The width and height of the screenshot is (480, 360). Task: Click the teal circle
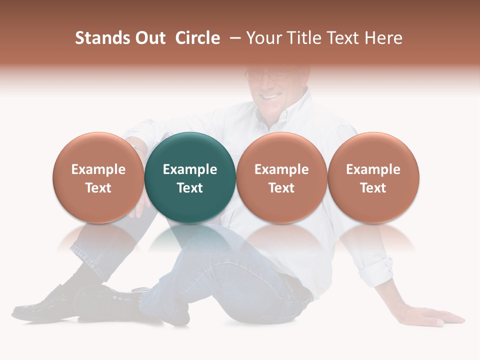[x=190, y=150]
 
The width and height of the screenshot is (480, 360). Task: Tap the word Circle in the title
[x=197, y=38]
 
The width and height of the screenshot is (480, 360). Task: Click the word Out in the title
[x=149, y=38]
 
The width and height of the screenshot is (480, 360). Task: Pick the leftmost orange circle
[x=98, y=150]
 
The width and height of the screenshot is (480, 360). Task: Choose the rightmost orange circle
[x=373, y=150]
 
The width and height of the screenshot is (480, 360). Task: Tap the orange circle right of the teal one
[x=281, y=150]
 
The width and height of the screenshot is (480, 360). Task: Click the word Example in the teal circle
[x=190, y=169]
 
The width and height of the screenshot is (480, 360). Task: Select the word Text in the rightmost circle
[x=373, y=188]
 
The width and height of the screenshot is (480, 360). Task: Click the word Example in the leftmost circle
[x=98, y=169]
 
